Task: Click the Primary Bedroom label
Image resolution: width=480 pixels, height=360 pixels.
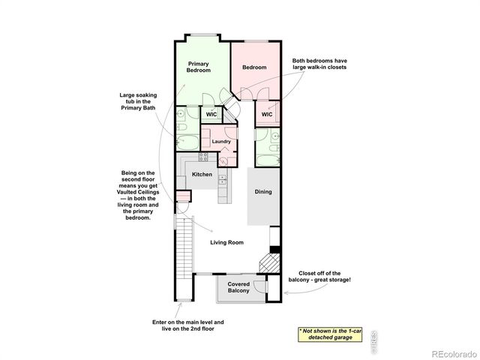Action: [x=199, y=67]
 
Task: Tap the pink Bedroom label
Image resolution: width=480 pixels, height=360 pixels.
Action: [x=254, y=67]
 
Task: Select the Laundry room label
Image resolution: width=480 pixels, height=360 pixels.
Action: [x=220, y=141]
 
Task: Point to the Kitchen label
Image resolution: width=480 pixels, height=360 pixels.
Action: [x=202, y=175]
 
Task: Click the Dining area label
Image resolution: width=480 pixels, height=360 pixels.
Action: [x=262, y=192]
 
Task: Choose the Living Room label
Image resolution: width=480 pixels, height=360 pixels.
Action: [x=226, y=242]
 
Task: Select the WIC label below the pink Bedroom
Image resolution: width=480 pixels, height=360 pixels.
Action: [x=266, y=115]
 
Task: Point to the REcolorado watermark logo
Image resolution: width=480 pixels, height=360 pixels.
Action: [x=448, y=353]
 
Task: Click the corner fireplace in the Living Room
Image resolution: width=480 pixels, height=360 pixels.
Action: [x=267, y=265]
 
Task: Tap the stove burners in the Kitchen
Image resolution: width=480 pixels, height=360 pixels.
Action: [x=202, y=157]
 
